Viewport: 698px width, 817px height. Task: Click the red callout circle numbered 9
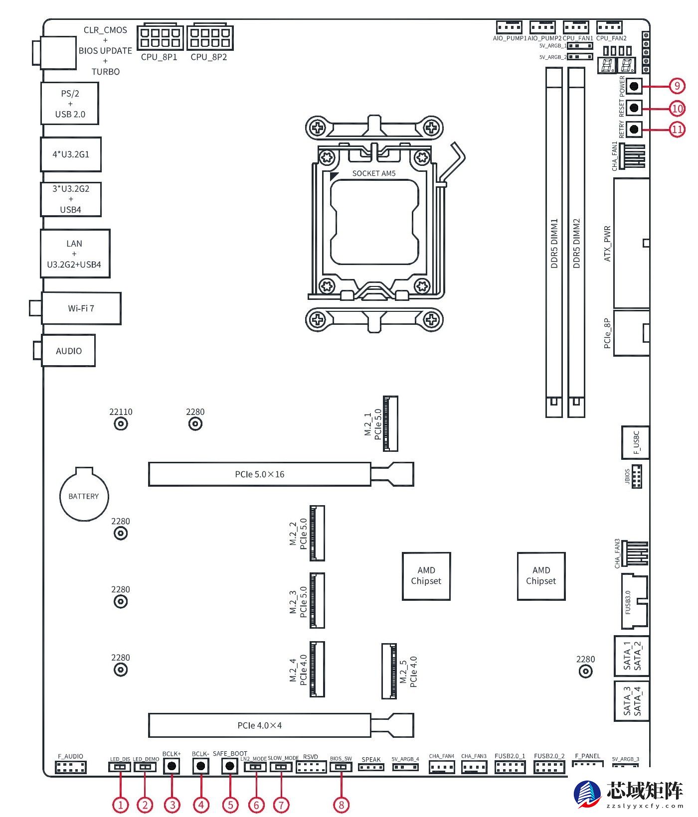(x=677, y=86)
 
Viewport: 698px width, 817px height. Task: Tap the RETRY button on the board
(x=634, y=129)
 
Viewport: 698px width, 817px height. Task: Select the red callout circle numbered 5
(x=230, y=805)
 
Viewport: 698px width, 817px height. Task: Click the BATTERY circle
(x=84, y=496)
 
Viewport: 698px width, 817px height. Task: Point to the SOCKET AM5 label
(x=373, y=173)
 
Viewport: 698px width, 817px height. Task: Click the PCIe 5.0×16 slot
(x=259, y=474)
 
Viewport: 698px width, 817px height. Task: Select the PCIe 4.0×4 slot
(x=259, y=725)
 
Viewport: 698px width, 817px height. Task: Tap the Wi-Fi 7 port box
(x=81, y=308)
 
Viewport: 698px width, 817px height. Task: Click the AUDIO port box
(x=68, y=351)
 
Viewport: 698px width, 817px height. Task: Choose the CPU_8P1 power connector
(x=159, y=37)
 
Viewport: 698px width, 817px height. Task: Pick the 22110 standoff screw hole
(x=121, y=424)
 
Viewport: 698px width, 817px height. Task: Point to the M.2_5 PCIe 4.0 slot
(x=389, y=671)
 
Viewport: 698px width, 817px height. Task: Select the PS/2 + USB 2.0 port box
(x=70, y=104)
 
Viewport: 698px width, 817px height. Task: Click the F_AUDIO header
(x=71, y=768)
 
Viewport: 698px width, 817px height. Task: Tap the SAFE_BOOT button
(x=229, y=766)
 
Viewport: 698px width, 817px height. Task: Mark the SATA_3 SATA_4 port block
(x=631, y=701)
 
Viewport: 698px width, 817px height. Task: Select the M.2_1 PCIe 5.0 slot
(x=390, y=424)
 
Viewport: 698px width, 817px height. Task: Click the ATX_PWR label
(x=607, y=244)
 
